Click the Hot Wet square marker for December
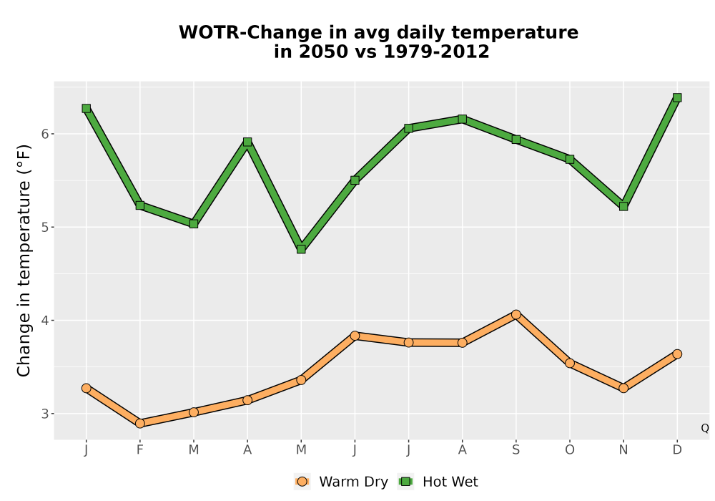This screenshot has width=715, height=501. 677,97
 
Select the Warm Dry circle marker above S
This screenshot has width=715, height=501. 516,314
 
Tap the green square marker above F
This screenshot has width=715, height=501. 140,205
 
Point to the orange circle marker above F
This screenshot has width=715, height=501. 140,424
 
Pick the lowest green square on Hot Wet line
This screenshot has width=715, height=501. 301,249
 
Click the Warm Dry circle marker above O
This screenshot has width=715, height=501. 570,363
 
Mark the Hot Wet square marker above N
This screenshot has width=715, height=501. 623,206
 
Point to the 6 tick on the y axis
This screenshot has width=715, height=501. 45,134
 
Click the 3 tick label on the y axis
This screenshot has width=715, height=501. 45,414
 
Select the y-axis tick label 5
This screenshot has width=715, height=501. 45,227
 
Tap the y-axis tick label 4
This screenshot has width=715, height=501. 45,321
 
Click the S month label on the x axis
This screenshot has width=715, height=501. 516,450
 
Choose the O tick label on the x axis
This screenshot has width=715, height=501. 570,450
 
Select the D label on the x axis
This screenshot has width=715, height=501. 677,450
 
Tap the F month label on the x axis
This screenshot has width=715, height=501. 140,450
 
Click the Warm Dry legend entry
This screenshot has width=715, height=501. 342,482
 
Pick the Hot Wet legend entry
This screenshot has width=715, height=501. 439,482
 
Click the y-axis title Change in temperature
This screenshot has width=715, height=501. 24,261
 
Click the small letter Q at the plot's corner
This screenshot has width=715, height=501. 705,428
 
